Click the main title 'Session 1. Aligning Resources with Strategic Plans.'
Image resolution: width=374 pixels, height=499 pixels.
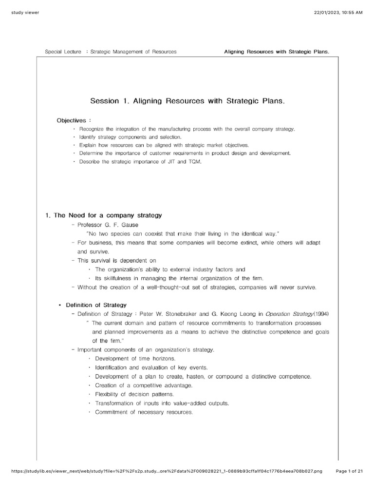(x=187, y=101)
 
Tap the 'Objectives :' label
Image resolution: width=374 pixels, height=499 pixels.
(x=74, y=120)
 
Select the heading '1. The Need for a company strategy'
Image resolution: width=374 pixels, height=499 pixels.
(x=103, y=215)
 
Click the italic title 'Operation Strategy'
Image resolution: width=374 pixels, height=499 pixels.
(x=275, y=313)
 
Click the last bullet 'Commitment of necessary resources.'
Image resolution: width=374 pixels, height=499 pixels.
(x=144, y=412)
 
